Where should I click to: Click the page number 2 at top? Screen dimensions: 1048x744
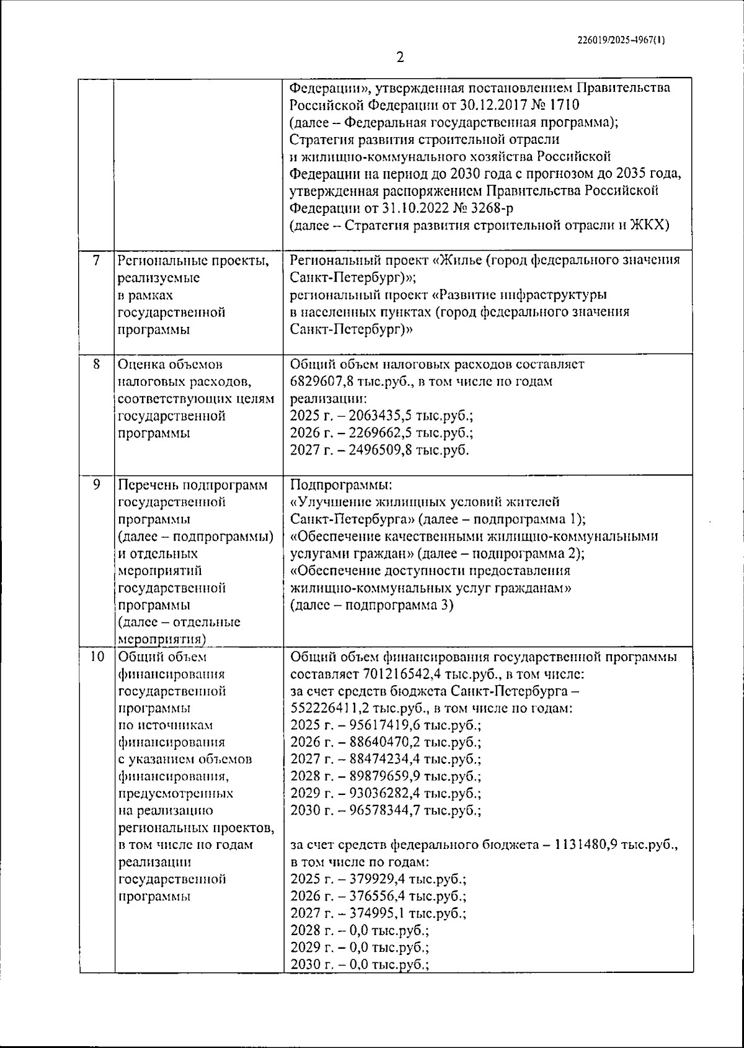point(400,58)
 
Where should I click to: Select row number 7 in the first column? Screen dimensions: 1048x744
point(96,261)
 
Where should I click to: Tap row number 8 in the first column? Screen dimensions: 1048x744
point(96,365)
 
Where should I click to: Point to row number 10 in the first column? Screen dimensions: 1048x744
point(96,657)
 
